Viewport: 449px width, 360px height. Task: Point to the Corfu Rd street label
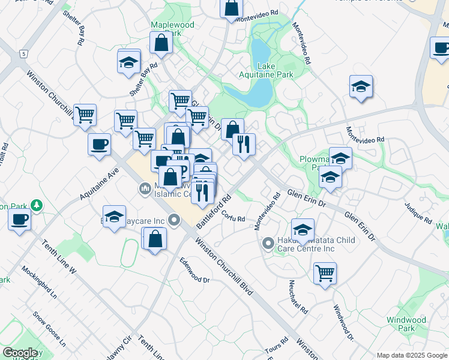pyautogui.click(x=233, y=216)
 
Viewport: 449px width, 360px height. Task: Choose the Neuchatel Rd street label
pyautogui.click(x=298, y=297)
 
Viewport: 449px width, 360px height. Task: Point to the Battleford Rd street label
pyautogui.click(x=214, y=210)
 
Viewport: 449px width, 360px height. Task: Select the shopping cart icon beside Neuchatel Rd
pyautogui.click(x=325, y=273)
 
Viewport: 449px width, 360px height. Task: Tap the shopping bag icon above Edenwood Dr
pyautogui.click(x=155, y=239)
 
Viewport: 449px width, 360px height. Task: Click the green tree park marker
pyautogui.click(x=37, y=205)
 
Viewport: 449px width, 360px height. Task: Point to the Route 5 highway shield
pyautogui.click(x=23, y=54)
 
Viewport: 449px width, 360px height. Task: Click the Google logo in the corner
pyautogui.click(x=20, y=352)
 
